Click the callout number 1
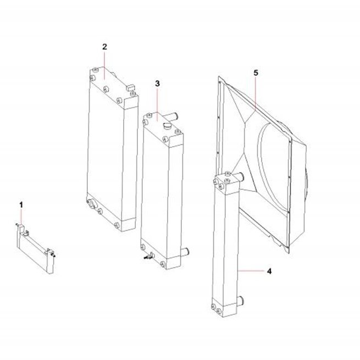[x=21, y=205]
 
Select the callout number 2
[x=104, y=47]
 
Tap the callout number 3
[x=157, y=84]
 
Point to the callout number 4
[x=269, y=271]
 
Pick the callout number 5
[x=256, y=73]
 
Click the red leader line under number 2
[x=104, y=65]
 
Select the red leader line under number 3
[x=157, y=104]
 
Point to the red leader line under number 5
[x=256, y=94]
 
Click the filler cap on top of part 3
[x=167, y=126]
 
